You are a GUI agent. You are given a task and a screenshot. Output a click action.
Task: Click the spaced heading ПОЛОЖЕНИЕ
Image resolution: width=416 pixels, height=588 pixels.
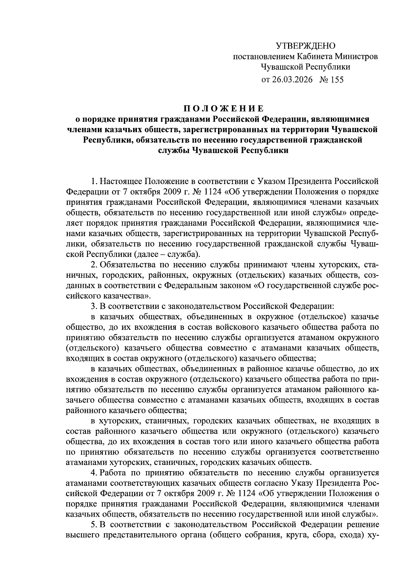(223, 108)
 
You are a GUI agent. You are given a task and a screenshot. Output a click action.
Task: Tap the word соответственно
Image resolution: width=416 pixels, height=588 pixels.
(350, 452)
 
